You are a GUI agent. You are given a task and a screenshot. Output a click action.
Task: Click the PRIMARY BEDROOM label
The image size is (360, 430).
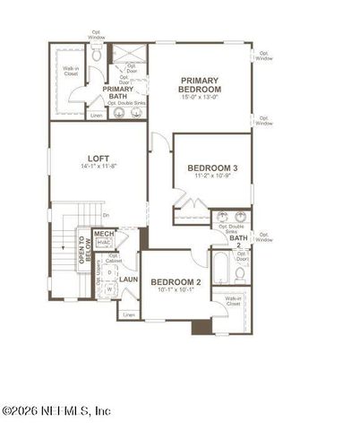click(200, 84)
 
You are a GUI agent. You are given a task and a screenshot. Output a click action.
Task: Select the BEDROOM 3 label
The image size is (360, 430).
click(212, 168)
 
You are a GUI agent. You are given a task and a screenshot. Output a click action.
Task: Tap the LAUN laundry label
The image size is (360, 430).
click(128, 279)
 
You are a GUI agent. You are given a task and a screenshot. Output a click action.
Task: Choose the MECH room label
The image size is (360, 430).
click(104, 234)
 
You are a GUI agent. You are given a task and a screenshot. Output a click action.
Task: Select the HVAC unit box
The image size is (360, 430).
click(104, 242)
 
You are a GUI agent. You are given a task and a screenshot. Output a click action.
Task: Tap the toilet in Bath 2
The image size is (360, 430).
click(240, 273)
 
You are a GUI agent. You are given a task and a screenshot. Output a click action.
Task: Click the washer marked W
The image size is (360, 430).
click(109, 289)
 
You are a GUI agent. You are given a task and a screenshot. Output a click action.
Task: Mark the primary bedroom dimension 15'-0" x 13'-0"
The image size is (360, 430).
click(200, 97)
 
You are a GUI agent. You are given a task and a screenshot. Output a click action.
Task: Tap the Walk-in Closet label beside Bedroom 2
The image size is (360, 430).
click(234, 302)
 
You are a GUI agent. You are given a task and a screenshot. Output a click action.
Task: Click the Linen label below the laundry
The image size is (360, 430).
click(129, 314)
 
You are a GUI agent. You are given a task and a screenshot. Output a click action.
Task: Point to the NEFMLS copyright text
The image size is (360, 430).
click(56, 411)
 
